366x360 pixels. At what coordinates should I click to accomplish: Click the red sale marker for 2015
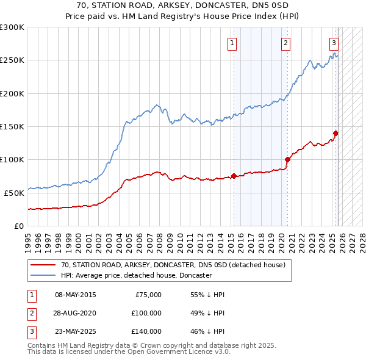[234, 176]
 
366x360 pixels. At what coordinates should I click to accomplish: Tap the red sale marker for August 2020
[287, 160]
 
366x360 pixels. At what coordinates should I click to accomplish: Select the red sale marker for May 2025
[335, 134]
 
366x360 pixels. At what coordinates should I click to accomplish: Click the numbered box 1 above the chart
[233, 43]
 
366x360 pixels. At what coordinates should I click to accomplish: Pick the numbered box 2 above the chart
[285, 43]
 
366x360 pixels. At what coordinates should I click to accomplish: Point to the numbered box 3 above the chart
[334, 43]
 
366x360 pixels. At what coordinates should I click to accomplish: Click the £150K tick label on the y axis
[12, 127]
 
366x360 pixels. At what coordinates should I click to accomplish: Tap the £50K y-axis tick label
[13, 193]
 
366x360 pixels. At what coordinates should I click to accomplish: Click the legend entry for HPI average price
[136, 275]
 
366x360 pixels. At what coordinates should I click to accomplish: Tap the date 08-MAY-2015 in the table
[76, 295]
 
